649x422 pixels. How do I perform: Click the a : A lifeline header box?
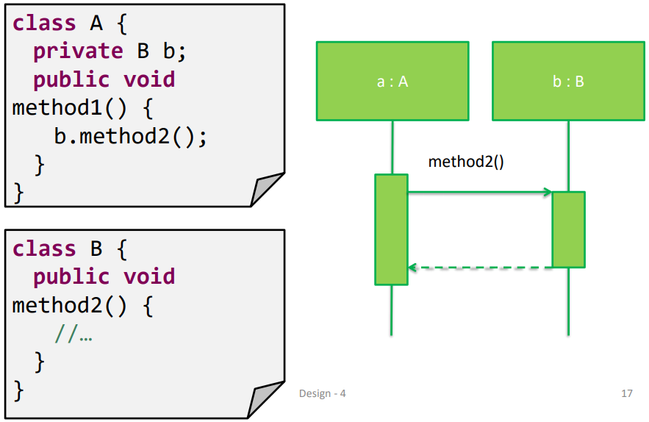[392, 81]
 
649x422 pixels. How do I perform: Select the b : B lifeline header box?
[568, 81]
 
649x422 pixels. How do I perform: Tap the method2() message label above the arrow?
[466, 162]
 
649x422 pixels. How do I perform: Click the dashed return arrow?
[479, 268]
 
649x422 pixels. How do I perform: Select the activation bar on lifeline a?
[391, 229]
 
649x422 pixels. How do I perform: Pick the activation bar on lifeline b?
[568, 229]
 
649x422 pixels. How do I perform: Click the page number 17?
[626, 393]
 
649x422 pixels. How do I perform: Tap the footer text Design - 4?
[322, 393]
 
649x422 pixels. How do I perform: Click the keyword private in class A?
[78, 51]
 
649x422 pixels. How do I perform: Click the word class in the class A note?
[44, 24]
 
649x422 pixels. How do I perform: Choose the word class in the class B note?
[44, 248]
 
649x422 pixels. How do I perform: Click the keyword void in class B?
[149, 277]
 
